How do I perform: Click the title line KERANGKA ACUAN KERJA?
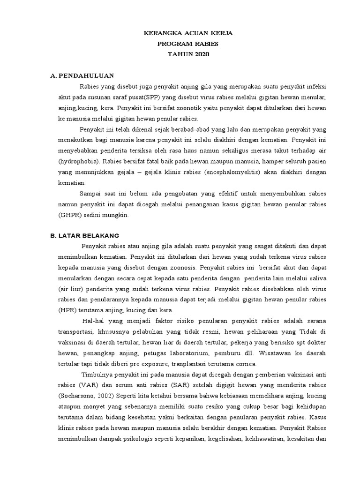(x=188, y=34)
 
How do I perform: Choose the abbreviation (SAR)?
(x=172, y=385)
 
